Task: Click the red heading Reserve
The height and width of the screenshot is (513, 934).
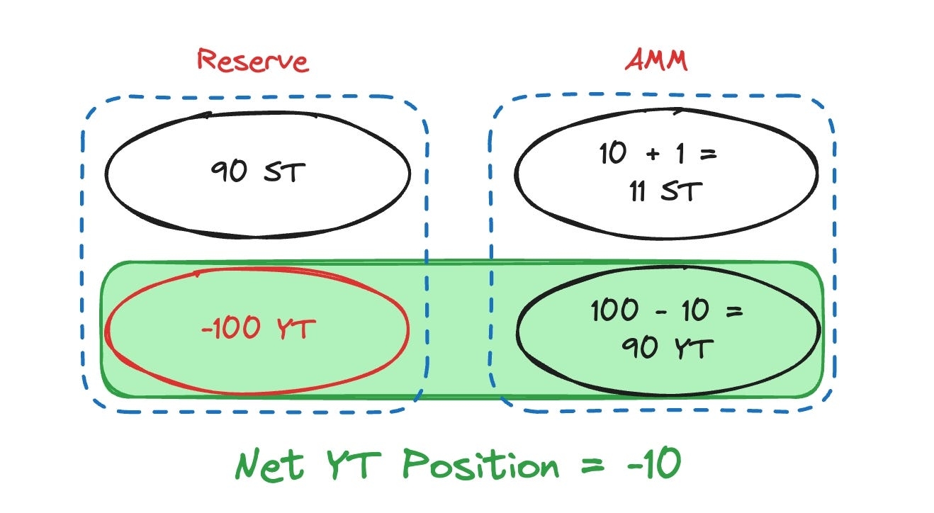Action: (x=253, y=60)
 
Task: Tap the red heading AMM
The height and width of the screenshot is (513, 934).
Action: (x=656, y=60)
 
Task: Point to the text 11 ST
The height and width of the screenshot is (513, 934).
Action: (x=666, y=191)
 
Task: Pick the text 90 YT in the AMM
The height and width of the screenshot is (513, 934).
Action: (x=666, y=347)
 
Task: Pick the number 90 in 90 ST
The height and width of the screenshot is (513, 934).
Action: (x=229, y=172)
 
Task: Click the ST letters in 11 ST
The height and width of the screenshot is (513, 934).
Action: (x=684, y=191)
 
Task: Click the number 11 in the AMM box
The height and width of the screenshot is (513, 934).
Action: (x=638, y=191)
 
